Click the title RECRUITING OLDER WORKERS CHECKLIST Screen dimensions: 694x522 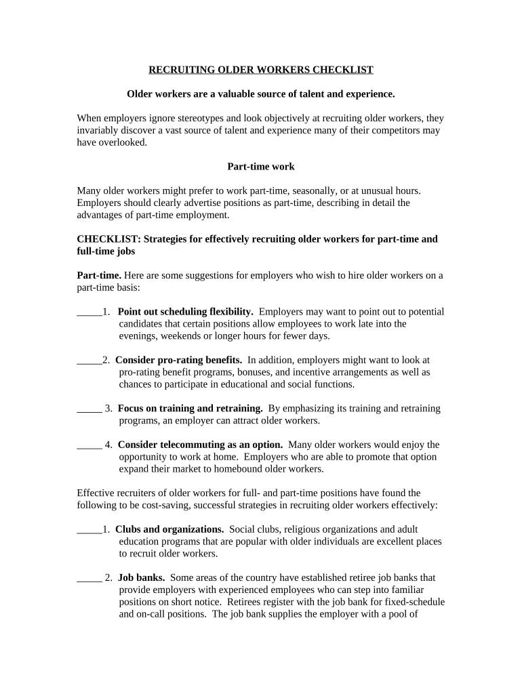[x=261, y=70]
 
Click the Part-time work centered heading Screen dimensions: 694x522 [x=261, y=166]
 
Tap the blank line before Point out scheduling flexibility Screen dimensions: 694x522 [x=89, y=312]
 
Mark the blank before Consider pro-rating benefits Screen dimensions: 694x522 [x=89, y=360]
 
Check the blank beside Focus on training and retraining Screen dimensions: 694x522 [x=89, y=409]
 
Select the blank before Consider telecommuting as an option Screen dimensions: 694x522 [x=89, y=445]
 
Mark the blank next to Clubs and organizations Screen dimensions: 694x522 [x=89, y=529]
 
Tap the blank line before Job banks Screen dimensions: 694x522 [x=89, y=577]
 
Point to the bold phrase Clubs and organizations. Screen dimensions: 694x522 [x=169, y=529]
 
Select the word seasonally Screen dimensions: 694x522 [x=307, y=190]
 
